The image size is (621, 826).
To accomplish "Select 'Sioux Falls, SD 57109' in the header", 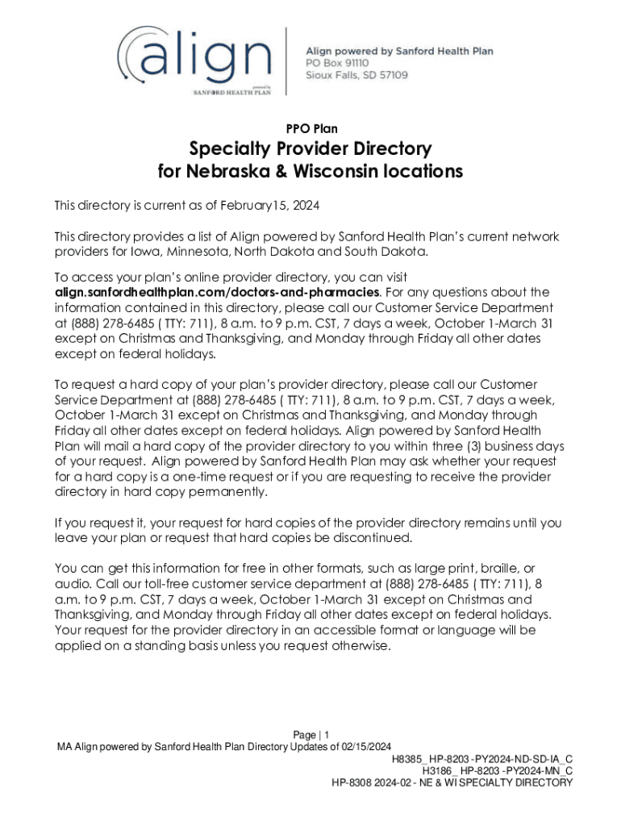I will click(356, 75).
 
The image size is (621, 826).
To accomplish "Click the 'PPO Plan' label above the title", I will click(311, 128).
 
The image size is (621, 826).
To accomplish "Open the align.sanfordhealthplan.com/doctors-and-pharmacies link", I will click(217, 291).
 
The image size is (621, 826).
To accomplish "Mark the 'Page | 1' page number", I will click(310, 735).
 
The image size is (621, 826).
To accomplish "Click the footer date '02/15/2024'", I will click(364, 746).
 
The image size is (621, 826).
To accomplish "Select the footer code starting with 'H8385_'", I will click(482, 760).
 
